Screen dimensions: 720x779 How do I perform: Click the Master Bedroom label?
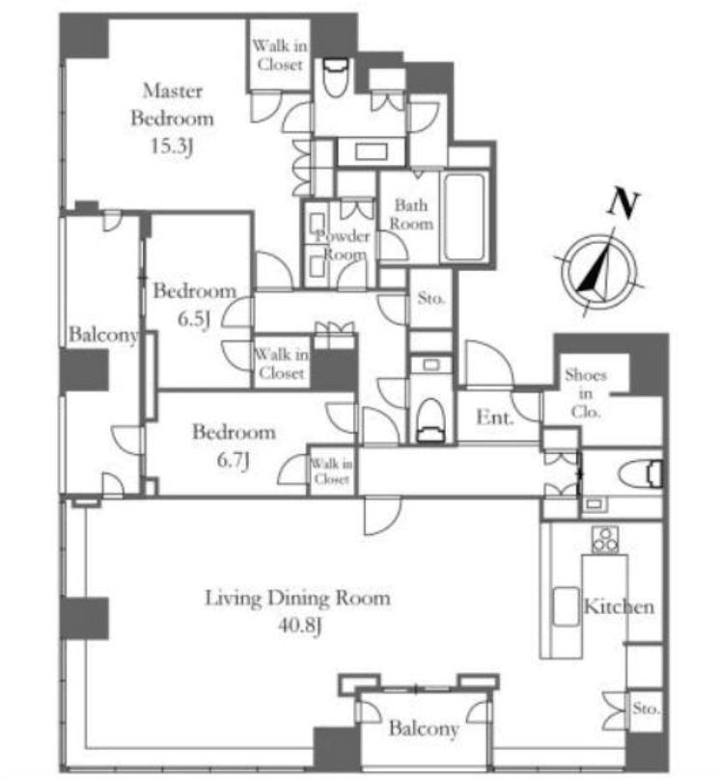(x=172, y=104)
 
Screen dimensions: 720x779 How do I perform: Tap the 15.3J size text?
(x=172, y=147)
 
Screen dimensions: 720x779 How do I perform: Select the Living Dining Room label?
(x=298, y=598)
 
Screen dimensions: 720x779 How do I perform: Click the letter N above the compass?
(x=623, y=201)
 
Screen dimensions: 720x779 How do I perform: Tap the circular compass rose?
(x=598, y=272)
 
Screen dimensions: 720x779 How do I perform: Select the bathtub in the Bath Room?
(x=464, y=217)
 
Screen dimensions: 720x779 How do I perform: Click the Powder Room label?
(x=343, y=245)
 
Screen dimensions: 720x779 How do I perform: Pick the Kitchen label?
(x=619, y=606)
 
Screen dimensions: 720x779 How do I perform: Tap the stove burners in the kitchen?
(x=605, y=539)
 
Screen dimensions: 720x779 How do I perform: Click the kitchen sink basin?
(x=567, y=606)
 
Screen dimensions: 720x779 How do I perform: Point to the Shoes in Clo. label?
(x=586, y=393)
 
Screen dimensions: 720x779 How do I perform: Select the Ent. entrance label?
(x=495, y=417)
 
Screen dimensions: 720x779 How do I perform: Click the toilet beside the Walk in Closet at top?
(x=335, y=78)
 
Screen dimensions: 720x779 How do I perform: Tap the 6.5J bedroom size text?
(x=194, y=319)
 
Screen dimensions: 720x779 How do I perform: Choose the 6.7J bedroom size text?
(x=234, y=461)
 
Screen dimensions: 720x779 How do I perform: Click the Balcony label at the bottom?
(x=424, y=729)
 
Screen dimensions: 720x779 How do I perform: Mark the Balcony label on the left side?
(x=103, y=335)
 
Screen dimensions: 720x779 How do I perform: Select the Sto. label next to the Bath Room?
(x=430, y=298)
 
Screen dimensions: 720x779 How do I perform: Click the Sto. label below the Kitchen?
(x=646, y=709)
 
